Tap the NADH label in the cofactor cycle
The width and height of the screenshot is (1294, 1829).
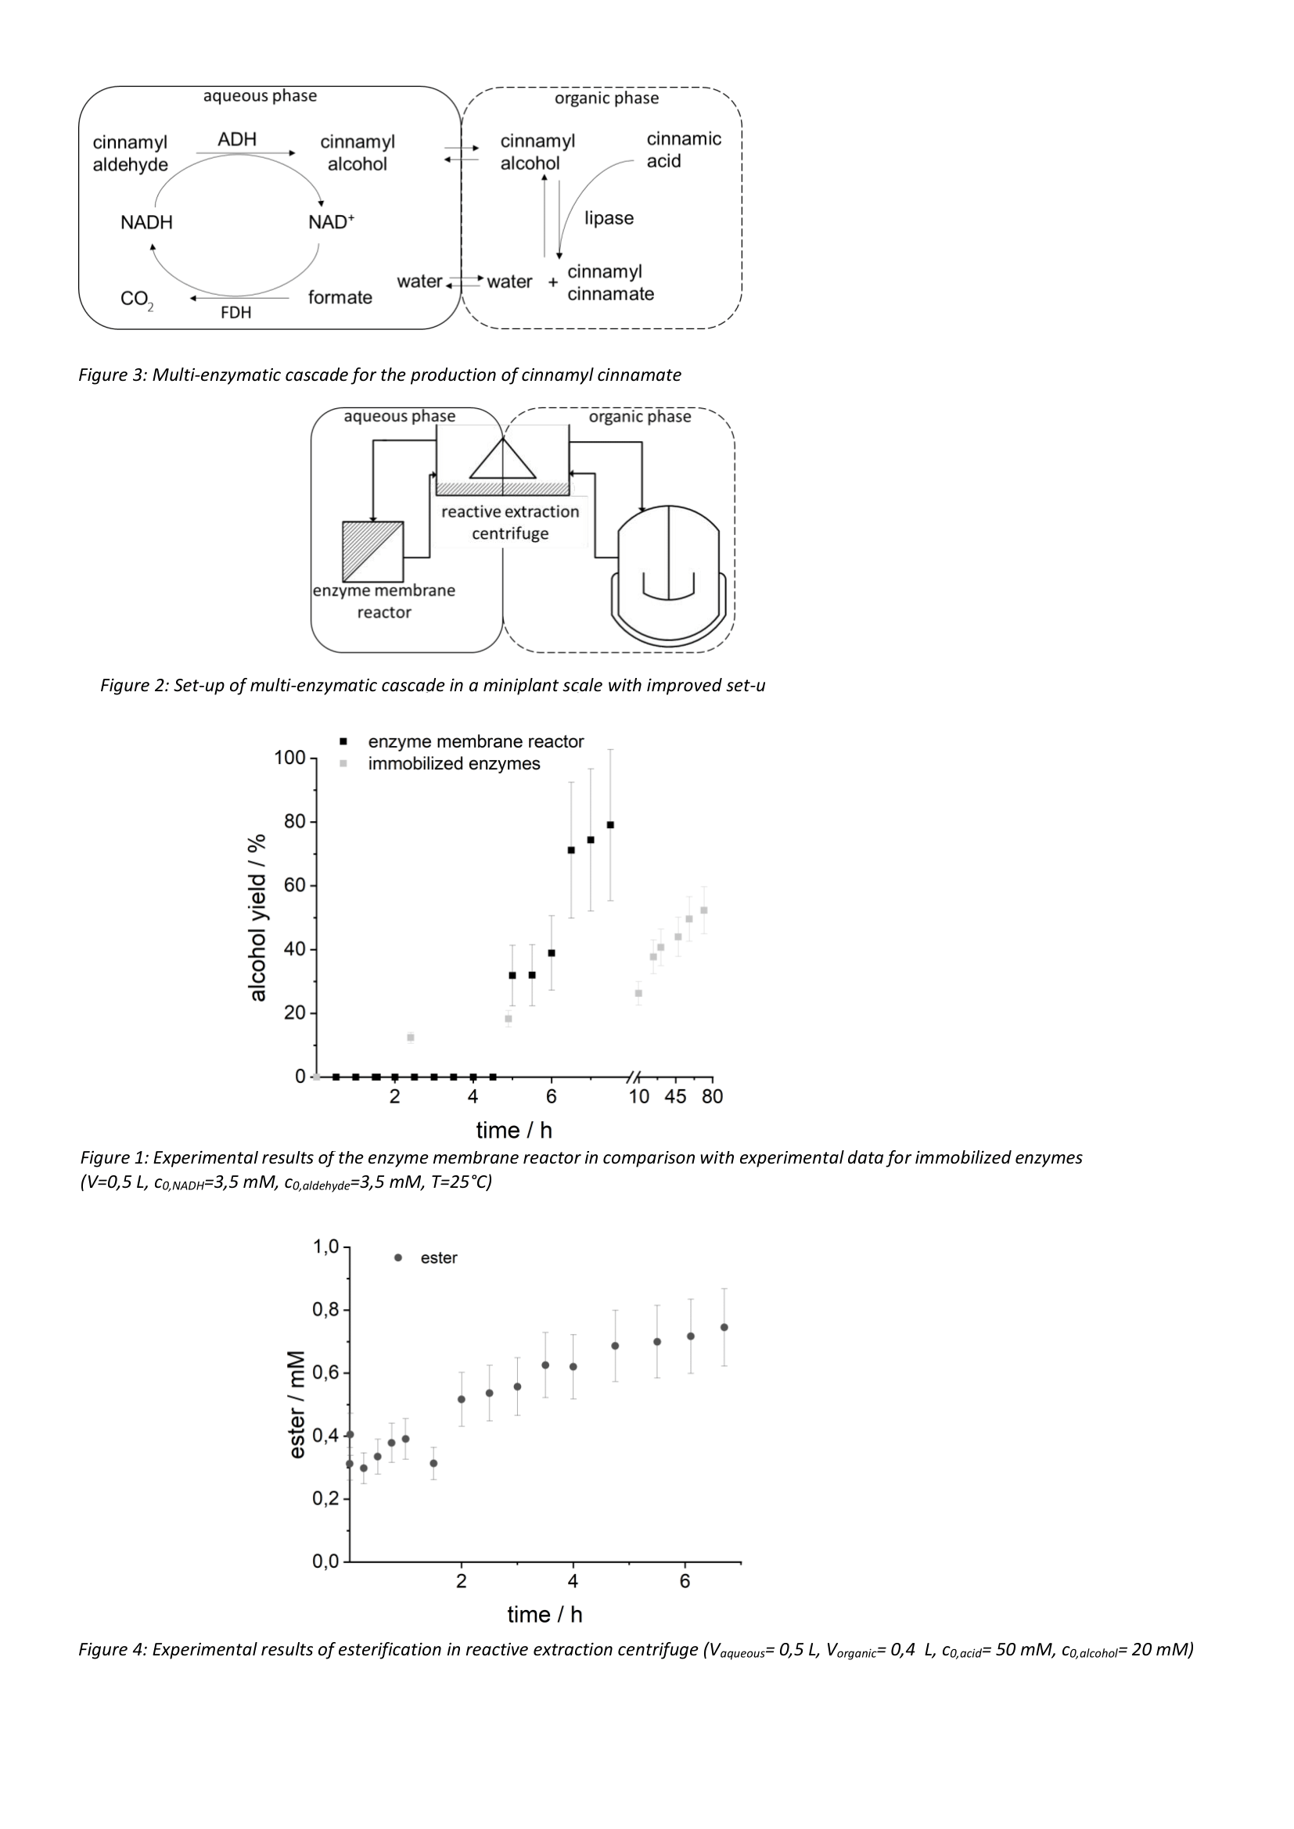tap(146, 222)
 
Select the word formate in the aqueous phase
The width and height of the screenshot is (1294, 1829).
tap(340, 297)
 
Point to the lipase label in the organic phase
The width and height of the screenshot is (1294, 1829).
tap(609, 218)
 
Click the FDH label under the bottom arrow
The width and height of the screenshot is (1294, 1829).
tap(235, 313)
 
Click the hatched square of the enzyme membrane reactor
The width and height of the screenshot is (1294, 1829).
tap(373, 551)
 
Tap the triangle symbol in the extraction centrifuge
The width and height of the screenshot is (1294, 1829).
tap(502, 460)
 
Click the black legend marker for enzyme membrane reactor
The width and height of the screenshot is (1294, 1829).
tap(344, 741)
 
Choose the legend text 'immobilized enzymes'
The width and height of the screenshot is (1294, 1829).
tap(455, 764)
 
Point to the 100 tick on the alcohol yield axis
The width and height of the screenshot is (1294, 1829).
tap(290, 758)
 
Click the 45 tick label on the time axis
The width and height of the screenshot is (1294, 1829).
tap(676, 1097)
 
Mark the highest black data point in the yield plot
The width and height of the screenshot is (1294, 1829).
tap(610, 824)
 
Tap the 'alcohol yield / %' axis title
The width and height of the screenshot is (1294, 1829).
tap(258, 918)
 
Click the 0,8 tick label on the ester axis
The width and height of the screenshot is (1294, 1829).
tap(325, 1310)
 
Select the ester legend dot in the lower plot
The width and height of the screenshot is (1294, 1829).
tap(397, 1258)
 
